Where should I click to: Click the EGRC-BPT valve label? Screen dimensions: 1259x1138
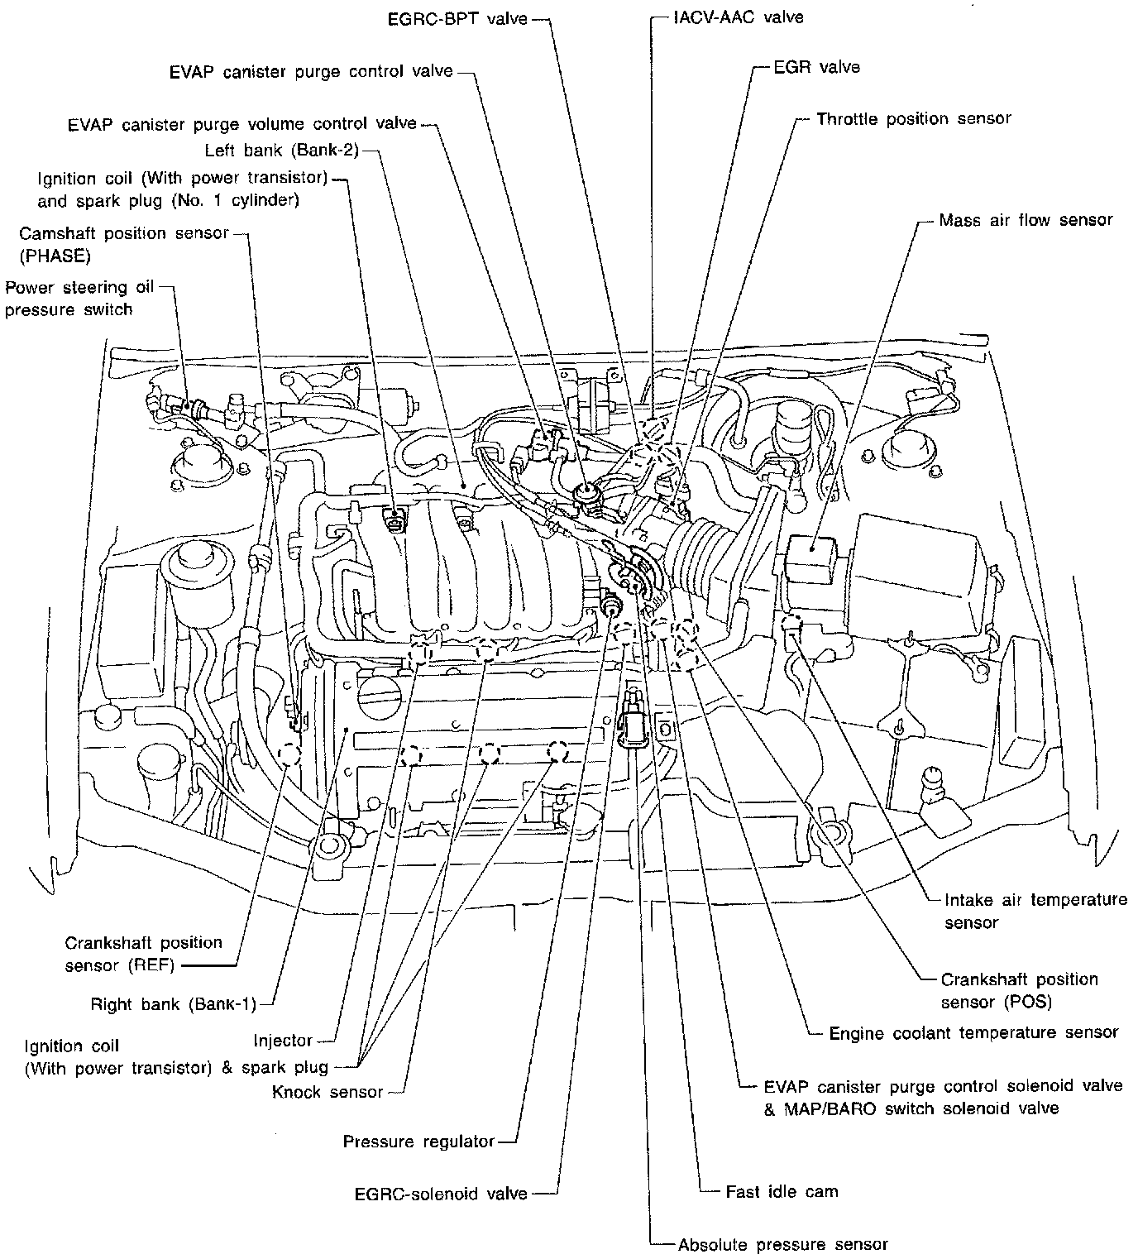pos(457,17)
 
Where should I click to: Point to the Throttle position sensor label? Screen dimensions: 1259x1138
pos(913,118)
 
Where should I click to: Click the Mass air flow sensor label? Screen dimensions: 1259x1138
pos(1026,220)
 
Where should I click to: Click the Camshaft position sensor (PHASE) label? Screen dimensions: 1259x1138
pos(124,244)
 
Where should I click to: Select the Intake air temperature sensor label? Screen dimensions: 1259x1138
pos(1035,910)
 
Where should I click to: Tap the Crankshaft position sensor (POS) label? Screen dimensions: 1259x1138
pos(1019,990)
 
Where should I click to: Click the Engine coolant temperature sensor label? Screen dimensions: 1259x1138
pos(973,1032)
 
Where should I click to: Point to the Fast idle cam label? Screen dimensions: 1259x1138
pos(781,1192)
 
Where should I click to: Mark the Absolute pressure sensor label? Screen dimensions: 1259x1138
pos(782,1244)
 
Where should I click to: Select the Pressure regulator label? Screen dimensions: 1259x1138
pos(418,1142)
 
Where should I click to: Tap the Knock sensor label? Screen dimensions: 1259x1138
pos(328,1092)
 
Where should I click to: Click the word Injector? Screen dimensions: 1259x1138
pos(283,1041)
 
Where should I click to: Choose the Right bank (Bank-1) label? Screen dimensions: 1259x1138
pos(173,1004)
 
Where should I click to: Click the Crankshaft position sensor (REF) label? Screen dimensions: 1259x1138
pos(143,953)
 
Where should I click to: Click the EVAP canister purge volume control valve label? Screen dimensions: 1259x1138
pos(243,124)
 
